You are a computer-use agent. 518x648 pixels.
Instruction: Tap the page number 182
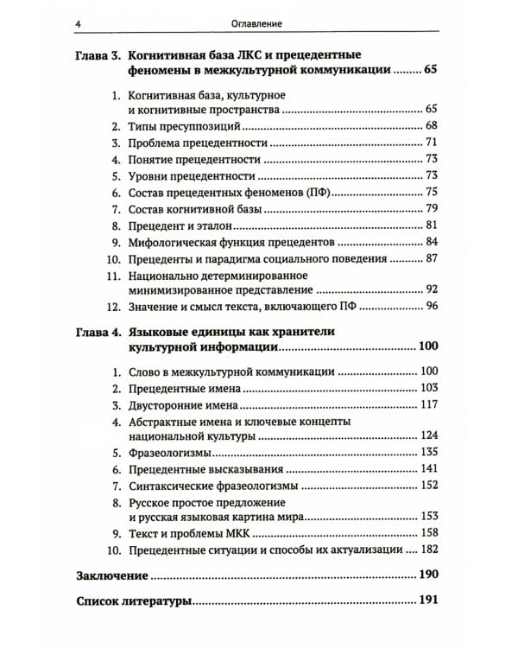click(x=429, y=550)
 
